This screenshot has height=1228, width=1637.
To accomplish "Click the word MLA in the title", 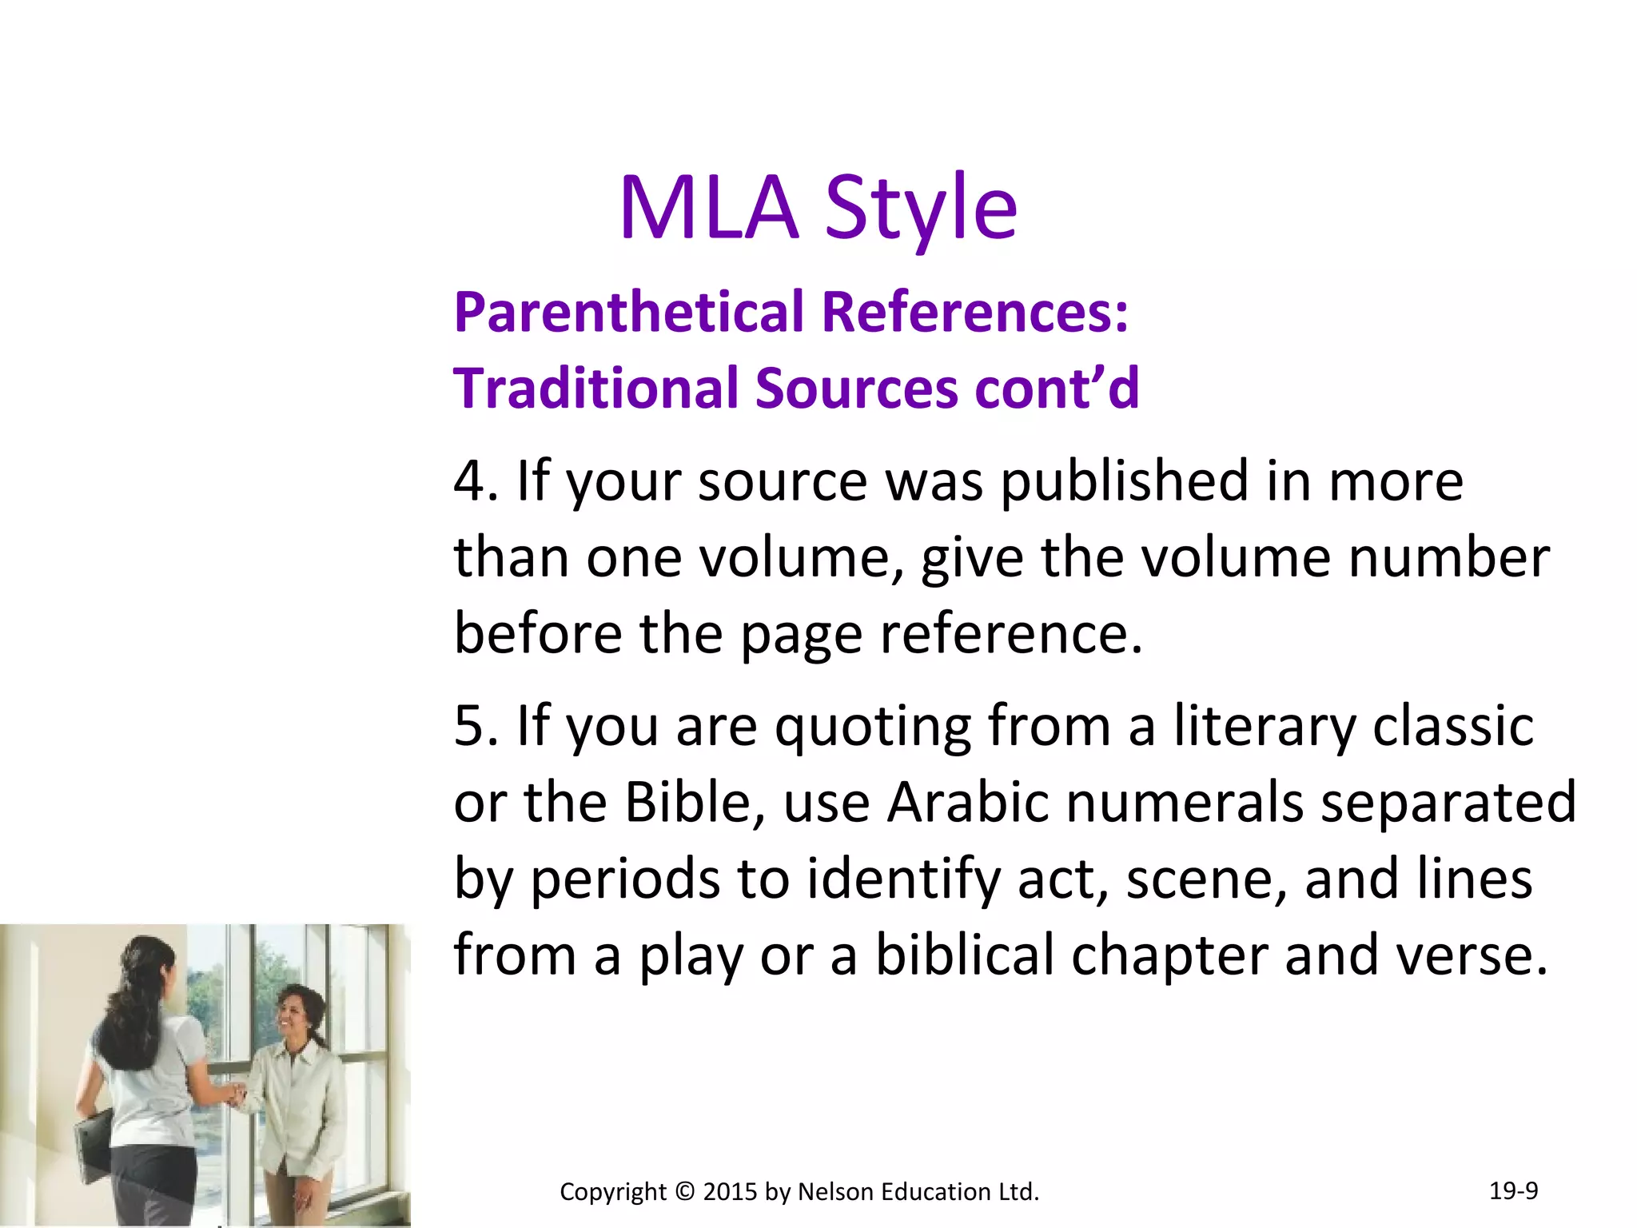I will [709, 208].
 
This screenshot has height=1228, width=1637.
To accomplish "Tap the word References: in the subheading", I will [975, 312].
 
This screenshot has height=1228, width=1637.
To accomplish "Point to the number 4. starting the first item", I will [476, 481].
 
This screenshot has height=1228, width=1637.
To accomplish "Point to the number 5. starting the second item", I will [476, 726].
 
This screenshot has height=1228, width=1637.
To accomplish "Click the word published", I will [1125, 481].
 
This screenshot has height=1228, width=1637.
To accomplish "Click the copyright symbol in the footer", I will [685, 1192].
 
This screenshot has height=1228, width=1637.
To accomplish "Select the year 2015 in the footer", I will [730, 1192].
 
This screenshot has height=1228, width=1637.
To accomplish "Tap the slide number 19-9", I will [1513, 1190].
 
